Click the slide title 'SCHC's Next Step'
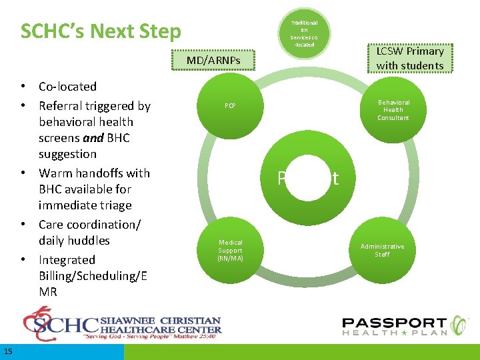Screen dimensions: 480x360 pyautogui.click(x=101, y=31)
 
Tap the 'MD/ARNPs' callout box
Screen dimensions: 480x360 pyautogui.click(x=213, y=61)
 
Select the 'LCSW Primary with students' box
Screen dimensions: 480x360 pyautogui.click(x=409, y=58)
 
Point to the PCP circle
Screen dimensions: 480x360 pyautogui.click(x=230, y=106)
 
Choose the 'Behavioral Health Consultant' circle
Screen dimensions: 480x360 pyautogui.click(x=393, y=110)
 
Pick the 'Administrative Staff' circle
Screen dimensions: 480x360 pyautogui.click(x=382, y=250)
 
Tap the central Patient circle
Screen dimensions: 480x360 pyautogui.click(x=307, y=178)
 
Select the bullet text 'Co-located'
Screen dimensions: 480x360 pyautogui.click(x=67, y=87)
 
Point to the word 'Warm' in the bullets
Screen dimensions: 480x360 pyautogui.click(x=57, y=173)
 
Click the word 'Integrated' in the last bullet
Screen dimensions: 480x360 pyautogui.click(x=67, y=260)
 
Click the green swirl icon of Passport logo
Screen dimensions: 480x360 pyautogui.click(x=461, y=325)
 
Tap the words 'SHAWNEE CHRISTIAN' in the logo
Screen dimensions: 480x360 pyautogui.click(x=160, y=321)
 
